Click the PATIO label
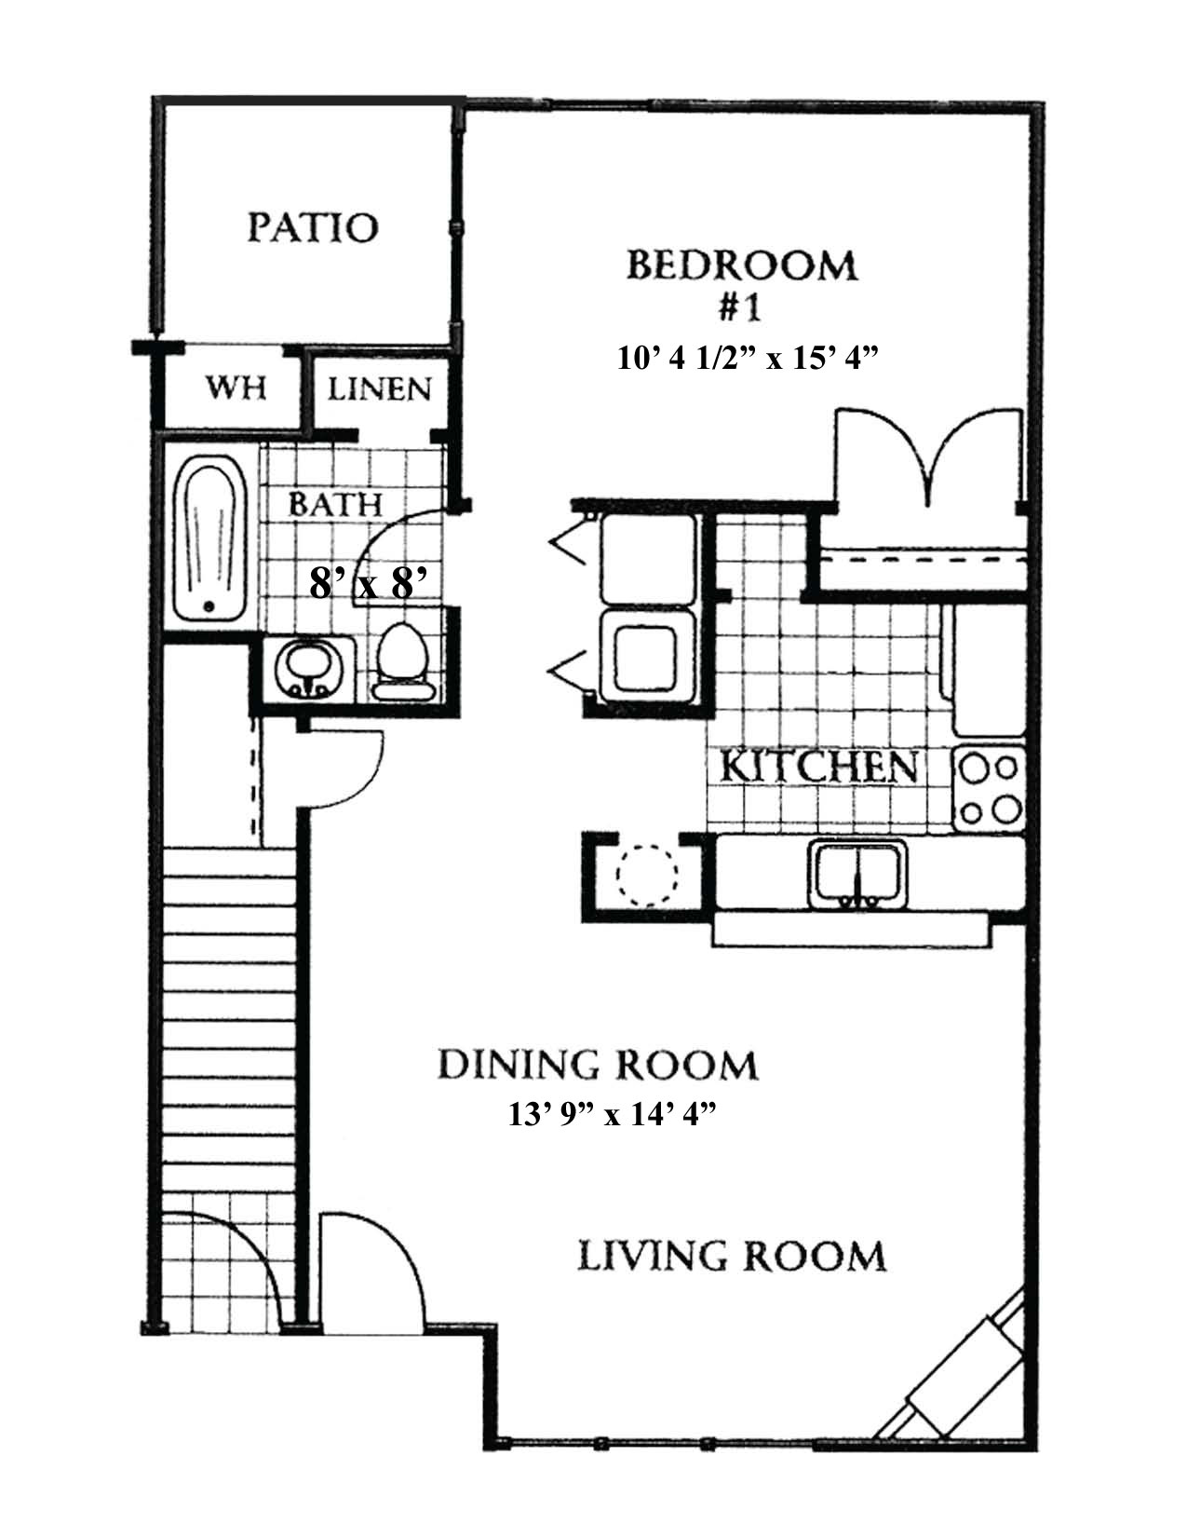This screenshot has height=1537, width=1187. point(313,228)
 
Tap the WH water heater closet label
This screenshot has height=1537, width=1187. point(236,388)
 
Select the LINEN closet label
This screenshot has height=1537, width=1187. point(379,389)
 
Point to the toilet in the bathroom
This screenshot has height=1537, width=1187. point(403,662)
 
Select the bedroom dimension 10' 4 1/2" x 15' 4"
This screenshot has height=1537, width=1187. point(748,358)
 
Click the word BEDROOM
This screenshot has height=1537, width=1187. point(742,265)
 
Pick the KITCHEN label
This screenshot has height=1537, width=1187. point(818,766)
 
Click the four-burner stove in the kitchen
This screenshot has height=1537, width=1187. point(989,788)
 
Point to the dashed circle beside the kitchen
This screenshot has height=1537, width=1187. point(647,876)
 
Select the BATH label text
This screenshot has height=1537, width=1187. point(335,505)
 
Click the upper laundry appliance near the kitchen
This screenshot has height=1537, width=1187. point(648,560)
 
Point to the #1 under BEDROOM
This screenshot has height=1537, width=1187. point(739,308)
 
